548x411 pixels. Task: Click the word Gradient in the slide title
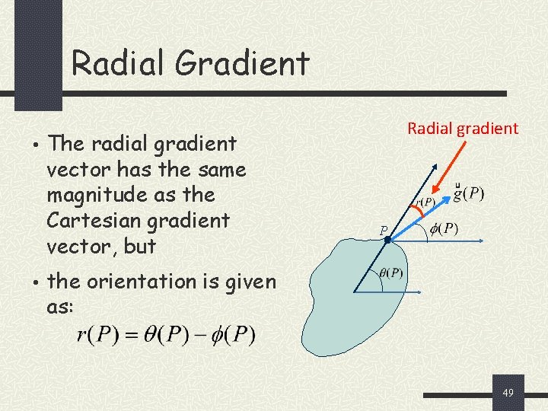(x=243, y=63)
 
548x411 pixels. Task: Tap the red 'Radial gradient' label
(x=462, y=128)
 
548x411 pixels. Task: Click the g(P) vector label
(x=467, y=193)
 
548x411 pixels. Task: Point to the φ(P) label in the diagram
(x=444, y=229)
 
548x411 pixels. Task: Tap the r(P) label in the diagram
(x=425, y=202)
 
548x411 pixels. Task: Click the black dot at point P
(x=387, y=240)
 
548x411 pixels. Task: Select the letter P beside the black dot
(x=384, y=229)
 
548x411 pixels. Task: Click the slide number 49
(x=508, y=393)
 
